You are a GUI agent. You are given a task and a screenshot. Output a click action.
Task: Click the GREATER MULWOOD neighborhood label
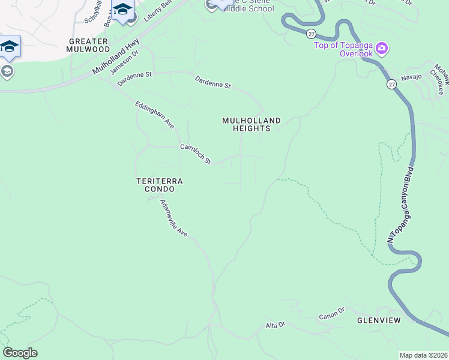click(89, 45)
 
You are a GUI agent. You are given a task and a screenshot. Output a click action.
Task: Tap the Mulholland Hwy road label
click(116, 58)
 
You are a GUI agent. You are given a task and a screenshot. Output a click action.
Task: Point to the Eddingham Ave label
click(154, 115)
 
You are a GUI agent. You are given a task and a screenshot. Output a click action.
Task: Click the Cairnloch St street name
click(196, 154)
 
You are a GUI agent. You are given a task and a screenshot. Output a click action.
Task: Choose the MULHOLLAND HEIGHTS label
click(252, 124)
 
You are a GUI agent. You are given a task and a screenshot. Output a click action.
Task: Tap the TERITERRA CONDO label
click(159, 185)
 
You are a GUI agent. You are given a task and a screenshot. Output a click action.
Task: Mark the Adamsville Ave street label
click(174, 218)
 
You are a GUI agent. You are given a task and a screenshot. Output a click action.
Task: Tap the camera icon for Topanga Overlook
click(382, 48)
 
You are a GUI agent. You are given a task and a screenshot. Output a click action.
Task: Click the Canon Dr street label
click(332, 314)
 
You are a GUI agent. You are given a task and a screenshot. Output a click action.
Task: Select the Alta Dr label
click(275, 325)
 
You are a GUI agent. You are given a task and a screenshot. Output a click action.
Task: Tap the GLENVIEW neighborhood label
click(378, 320)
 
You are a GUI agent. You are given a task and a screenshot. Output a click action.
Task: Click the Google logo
click(20, 353)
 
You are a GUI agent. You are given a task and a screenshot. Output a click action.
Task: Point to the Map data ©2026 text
click(423, 355)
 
